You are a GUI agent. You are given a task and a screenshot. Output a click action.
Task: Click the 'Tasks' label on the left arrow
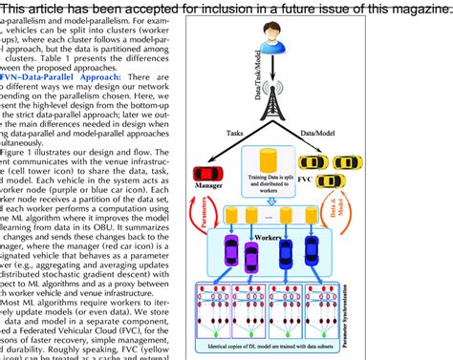[232, 136]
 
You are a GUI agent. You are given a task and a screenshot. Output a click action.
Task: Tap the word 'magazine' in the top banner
[411, 9]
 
